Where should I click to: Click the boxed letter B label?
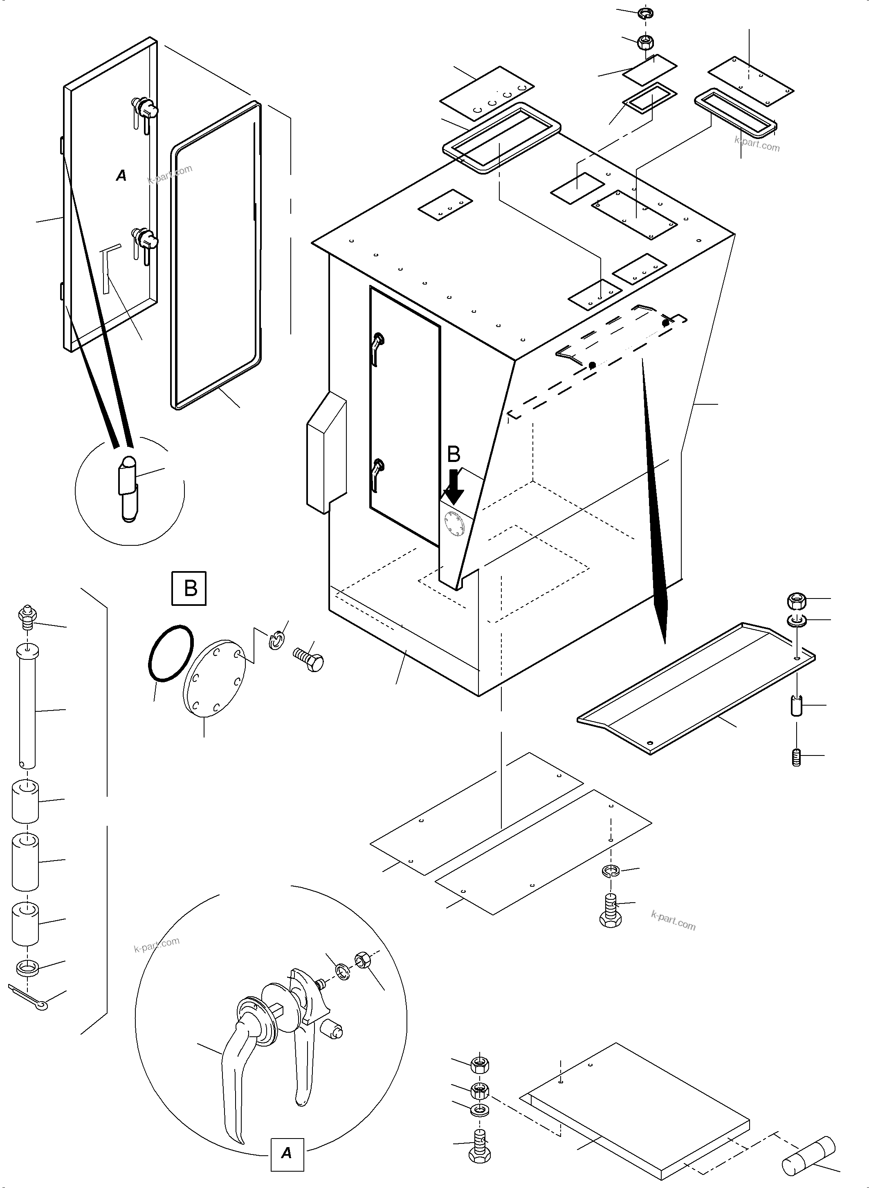(190, 588)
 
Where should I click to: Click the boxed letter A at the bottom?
(287, 1153)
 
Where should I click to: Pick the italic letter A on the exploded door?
(121, 176)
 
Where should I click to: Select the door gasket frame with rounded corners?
(216, 256)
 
